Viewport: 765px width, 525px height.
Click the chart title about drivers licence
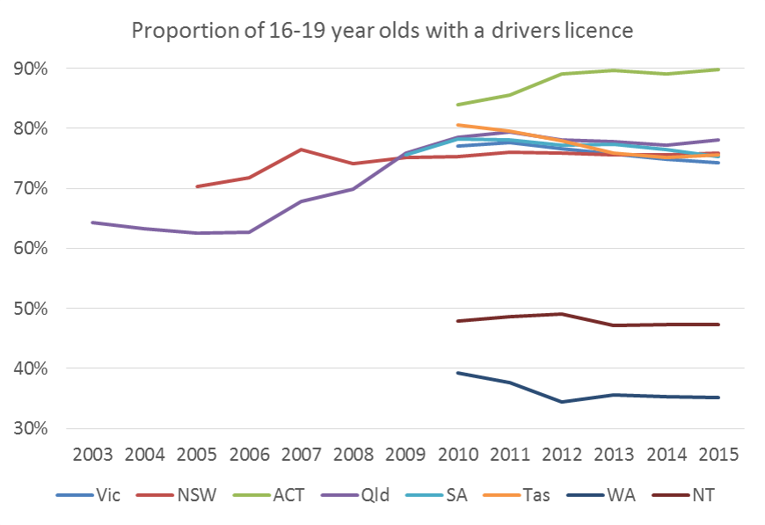pos(382,31)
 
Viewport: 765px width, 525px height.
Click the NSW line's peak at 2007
pos(302,149)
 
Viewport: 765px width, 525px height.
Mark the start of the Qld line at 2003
pos(92,222)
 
